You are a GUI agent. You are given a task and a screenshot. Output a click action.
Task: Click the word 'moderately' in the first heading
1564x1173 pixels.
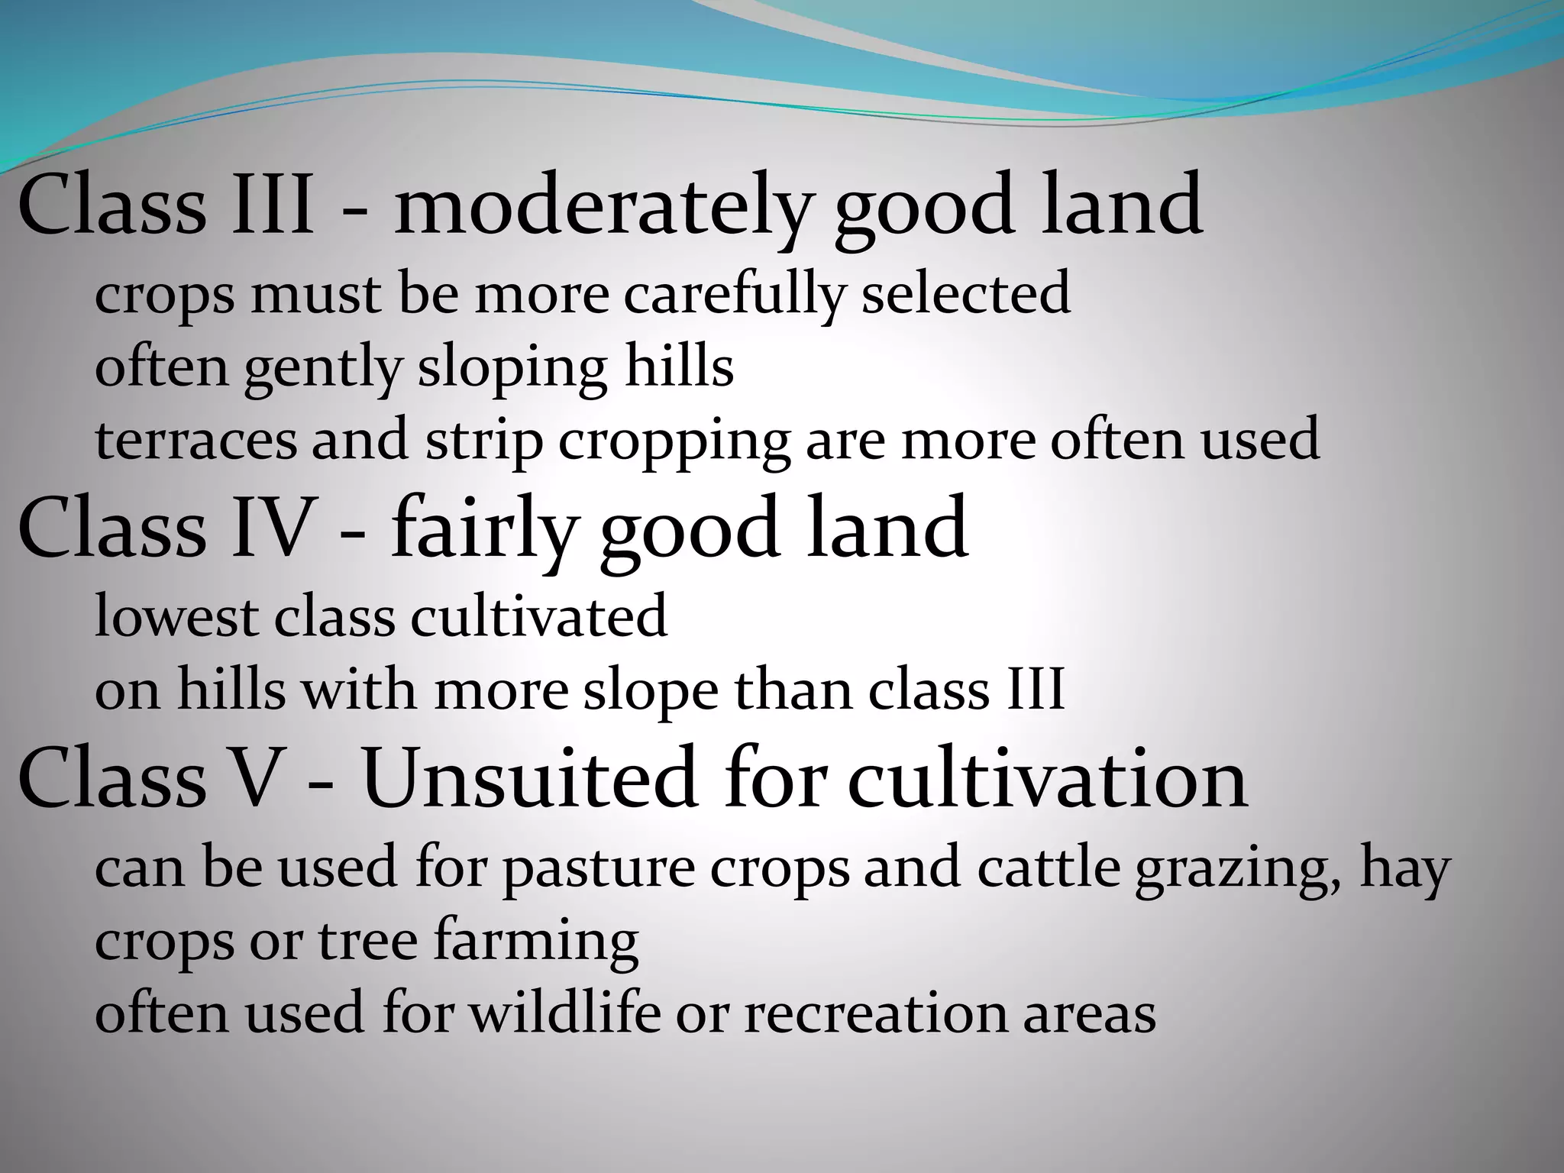click(x=600, y=206)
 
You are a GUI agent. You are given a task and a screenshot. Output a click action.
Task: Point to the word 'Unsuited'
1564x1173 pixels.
click(x=529, y=779)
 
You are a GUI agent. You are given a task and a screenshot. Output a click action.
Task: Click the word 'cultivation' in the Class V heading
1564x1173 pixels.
click(x=1048, y=779)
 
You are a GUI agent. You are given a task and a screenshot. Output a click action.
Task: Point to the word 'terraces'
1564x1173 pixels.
click(x=195, y=441)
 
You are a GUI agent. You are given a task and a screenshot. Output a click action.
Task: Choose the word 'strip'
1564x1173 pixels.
click(x=483, y=441)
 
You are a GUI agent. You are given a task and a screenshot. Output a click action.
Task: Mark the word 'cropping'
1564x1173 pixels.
click(x=674, y=442)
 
